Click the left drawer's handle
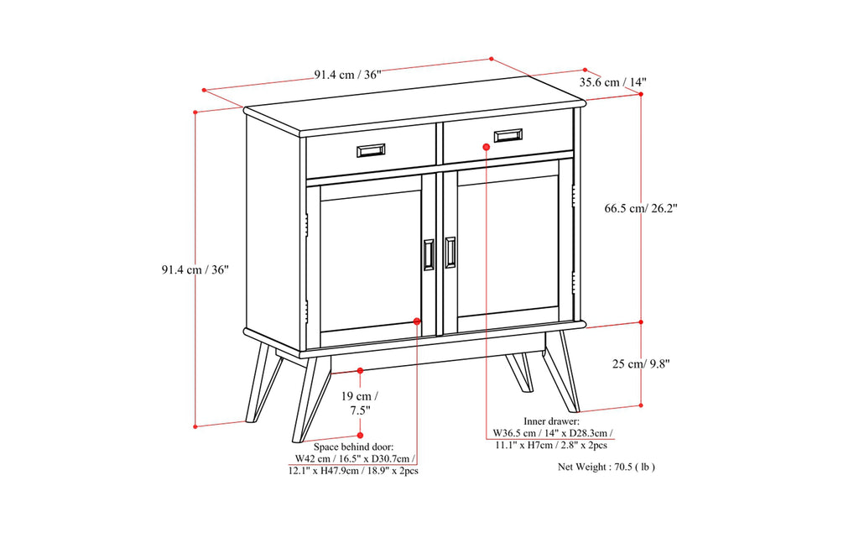coord(371,151)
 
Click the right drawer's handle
coord(508,135)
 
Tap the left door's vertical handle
coord(429,255)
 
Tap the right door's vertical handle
coord(450,253)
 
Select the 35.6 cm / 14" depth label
coord(613,82)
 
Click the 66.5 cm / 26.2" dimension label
coord(641,208)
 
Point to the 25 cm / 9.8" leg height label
coord(641,363)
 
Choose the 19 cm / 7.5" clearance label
coord(360,403)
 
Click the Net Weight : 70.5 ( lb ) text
coord(607,467)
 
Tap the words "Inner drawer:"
coord(551,421)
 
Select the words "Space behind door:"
coord(353,447)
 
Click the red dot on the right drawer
coord(486,147)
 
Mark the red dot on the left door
coord(417,321)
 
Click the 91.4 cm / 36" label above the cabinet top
coord(347,75)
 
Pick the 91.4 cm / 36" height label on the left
coord(195,269)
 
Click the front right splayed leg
coord(560,372)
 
